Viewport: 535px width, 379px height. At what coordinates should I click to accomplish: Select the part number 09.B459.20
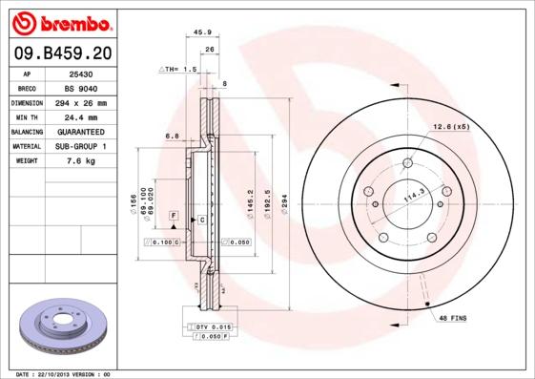(61, 53)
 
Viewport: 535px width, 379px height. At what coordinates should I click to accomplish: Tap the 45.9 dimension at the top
(202, 32)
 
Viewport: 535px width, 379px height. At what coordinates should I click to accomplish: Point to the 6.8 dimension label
(174, 136)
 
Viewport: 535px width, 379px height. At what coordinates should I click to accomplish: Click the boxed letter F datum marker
(174, 216)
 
